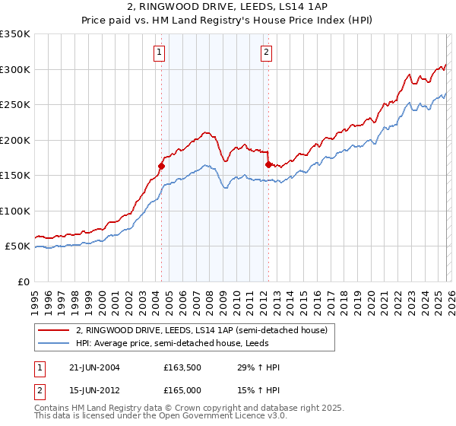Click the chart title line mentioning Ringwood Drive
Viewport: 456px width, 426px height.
(x=228, y=7)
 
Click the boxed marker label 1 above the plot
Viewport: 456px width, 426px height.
(x=160, y=52)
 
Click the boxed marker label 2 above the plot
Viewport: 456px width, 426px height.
(x=267, y=52)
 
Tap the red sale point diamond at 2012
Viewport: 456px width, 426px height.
(x=268, y=164)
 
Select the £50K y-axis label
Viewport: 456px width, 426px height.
(x=17, y=246)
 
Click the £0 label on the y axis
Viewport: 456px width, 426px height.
(x=24, y=281)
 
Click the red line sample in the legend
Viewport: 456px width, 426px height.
(x=54, y=331)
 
